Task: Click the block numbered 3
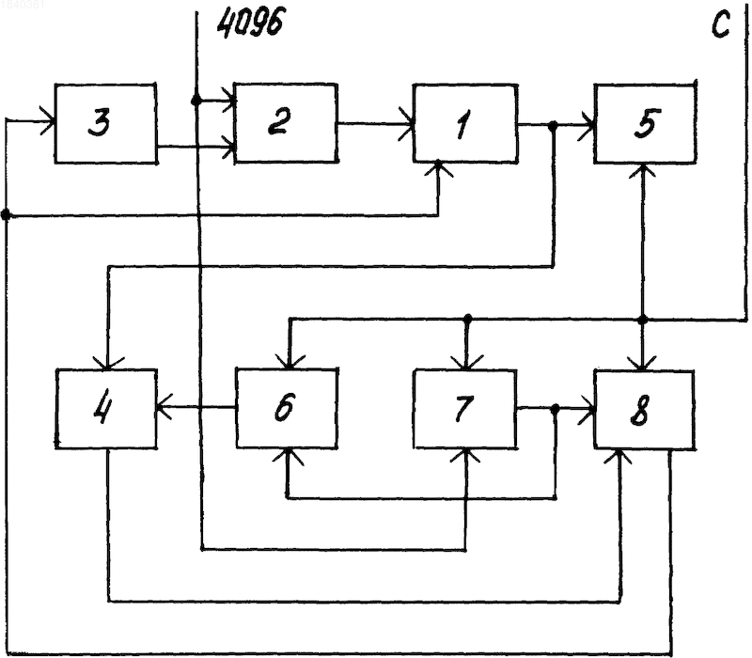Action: [105, 123]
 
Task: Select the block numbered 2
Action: [286, 123]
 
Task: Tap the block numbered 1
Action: [465, 124]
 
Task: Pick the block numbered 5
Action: [645, 124]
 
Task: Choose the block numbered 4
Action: [106, 409]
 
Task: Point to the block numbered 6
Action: [287, 408]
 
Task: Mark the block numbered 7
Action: [465, 409]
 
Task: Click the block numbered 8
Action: [645, 410]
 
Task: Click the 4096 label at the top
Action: [250, 23]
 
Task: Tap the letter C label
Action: [721, 25]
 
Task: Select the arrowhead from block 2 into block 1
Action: [407, 124]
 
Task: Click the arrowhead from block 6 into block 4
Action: [164, 408]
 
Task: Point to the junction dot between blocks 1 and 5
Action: [553, 126]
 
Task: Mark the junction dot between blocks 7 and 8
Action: [556, 409]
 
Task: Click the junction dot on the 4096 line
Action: [196, 101]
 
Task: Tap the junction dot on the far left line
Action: [6, 214]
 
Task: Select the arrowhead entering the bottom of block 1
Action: [438, 169]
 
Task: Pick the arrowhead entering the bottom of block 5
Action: [643, 170]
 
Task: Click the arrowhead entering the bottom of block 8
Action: [620, 457]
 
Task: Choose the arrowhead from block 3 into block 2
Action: [228, 146]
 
